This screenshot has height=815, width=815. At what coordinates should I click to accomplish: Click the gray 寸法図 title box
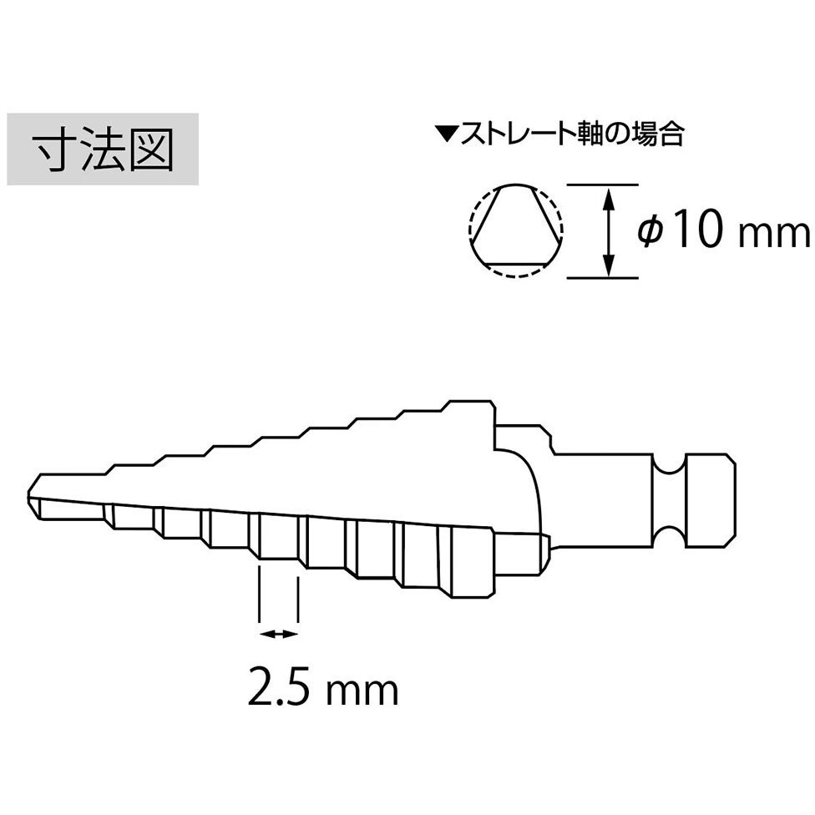(x=103, y=149)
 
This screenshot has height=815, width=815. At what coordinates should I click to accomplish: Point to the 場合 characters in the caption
(x=657, y=134)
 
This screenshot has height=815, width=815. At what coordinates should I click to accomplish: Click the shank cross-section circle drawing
(x=515, y=230)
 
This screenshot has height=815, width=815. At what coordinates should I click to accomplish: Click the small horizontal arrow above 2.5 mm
(x=279, y=634)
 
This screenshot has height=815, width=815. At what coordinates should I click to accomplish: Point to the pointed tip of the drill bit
(x=28, y=496)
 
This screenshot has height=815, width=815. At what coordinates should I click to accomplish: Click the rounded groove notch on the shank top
(x=670, y=466)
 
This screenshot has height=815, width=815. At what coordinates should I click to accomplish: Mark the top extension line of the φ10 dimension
(x=602, y=184)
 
